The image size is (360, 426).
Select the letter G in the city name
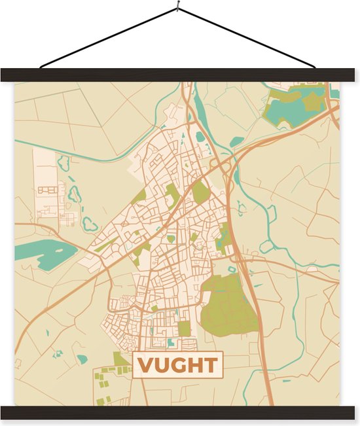point(177,365)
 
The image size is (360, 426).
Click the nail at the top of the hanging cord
point(177,7)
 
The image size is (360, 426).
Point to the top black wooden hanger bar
point(180,75)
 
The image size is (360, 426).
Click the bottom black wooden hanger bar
point(180,412)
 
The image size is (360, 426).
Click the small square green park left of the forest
point(184,328)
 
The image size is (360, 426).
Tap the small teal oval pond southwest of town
point(82,359)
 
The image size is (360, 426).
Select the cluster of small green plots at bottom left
point(104,385)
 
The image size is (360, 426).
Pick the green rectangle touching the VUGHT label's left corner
point(122,359)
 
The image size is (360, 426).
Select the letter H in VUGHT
point(194,365)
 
